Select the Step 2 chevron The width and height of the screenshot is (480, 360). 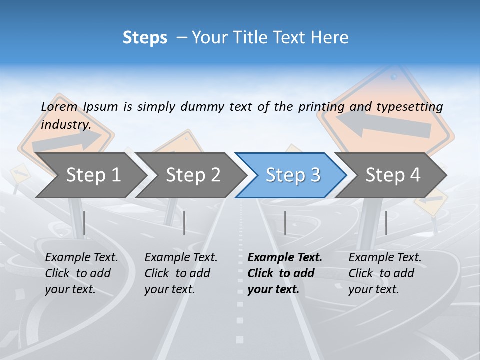coord(193,175)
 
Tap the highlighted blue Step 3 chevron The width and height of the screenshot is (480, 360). coord(293,175)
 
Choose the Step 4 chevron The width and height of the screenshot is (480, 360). coord(393,175)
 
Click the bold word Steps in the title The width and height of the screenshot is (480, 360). coord(145,37)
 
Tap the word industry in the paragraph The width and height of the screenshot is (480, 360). coord(65,124)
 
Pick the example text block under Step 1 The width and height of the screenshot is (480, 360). coord(82,273)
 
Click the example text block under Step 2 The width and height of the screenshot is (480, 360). coord(181,273)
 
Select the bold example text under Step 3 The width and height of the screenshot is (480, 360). coord(285,273)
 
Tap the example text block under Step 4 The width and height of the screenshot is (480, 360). coord(385,273)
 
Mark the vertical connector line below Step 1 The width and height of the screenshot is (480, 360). coord(84,223)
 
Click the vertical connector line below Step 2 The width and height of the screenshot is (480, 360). coord(184,223)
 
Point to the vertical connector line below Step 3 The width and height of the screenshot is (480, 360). coord(285,223)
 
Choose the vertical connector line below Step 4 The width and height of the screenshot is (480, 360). coord(386,223)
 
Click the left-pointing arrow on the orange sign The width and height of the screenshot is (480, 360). coord(382,125)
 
